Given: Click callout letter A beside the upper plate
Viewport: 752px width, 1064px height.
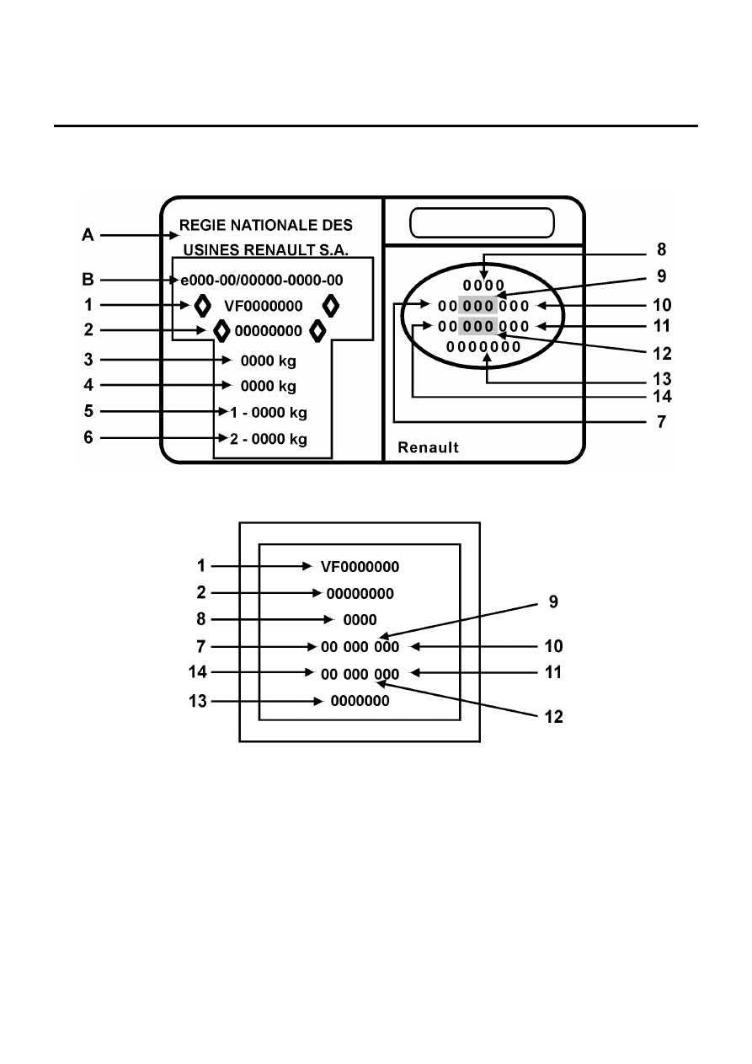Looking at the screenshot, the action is [88, 235].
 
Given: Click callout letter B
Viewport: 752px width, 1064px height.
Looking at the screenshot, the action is [88, 280].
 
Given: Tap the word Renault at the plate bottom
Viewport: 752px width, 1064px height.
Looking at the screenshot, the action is [429, 447].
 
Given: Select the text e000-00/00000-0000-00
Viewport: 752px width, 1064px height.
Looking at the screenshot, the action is [262, 281].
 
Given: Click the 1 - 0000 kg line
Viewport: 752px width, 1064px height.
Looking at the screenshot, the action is [269, 412].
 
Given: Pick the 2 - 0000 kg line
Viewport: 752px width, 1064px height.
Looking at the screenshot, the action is [269, 439].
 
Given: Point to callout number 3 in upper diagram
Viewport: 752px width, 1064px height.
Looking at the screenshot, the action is [88, 360].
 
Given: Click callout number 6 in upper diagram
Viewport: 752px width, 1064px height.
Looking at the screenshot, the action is [88, 437].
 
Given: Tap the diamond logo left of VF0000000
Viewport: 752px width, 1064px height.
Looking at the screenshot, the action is [203, 306].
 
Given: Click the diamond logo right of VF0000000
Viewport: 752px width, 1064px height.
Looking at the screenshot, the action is [331, 306].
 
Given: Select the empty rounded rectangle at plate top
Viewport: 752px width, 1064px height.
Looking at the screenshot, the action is [482, 222].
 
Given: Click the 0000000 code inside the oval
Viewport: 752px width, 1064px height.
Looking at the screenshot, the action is [483, 347].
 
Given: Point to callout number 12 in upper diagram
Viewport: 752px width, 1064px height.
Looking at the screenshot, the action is [662, 353].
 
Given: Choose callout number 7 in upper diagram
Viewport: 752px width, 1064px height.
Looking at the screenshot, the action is [661, 422].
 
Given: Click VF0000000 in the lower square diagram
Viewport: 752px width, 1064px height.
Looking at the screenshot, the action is [360, 567].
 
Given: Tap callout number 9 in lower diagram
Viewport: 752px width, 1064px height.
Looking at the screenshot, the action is [553, 602].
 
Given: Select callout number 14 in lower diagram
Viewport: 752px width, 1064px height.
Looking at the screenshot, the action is [198, 672].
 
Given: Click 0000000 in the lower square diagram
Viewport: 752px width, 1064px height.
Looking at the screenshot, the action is [360, 701].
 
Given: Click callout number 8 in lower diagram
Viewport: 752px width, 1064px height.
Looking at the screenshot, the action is [201, 619].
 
